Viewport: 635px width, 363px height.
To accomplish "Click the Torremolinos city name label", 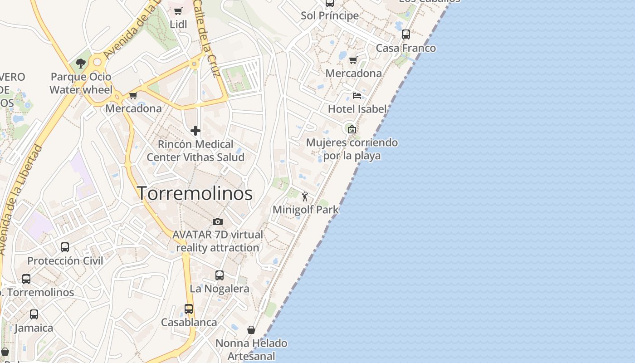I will pos(195,194).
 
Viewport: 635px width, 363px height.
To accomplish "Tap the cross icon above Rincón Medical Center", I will pos(195,131).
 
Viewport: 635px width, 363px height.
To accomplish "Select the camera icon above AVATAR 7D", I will pos(218,221).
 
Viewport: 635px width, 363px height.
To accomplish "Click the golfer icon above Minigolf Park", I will pos(305,196).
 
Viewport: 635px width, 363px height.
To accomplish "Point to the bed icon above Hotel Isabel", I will pos(357,96).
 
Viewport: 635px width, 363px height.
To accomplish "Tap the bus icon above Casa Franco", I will pos(406,34).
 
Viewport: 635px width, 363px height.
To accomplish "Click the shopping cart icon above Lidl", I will pos(178,11).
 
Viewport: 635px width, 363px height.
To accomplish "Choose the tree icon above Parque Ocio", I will pos(81,64).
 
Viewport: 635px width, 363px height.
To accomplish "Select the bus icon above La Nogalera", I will pos(220,275).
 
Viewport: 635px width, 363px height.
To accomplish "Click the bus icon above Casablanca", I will pos(189,309).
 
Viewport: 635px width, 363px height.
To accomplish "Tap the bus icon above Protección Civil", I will pos(65,247).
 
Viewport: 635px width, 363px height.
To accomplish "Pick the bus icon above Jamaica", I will pos(34,314).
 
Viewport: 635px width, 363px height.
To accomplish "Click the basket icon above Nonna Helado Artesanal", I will pos(251,330).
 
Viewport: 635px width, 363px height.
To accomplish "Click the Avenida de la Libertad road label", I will pos(20,200).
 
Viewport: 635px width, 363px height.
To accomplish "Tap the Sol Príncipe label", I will pos(330,15).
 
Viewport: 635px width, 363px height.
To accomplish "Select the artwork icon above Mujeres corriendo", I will pos(352,129).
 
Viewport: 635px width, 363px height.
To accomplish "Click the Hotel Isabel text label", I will pos(357,109).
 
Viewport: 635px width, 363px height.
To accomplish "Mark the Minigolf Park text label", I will pos(305,210).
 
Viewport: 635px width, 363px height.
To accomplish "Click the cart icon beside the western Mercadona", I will pos(133,95).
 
